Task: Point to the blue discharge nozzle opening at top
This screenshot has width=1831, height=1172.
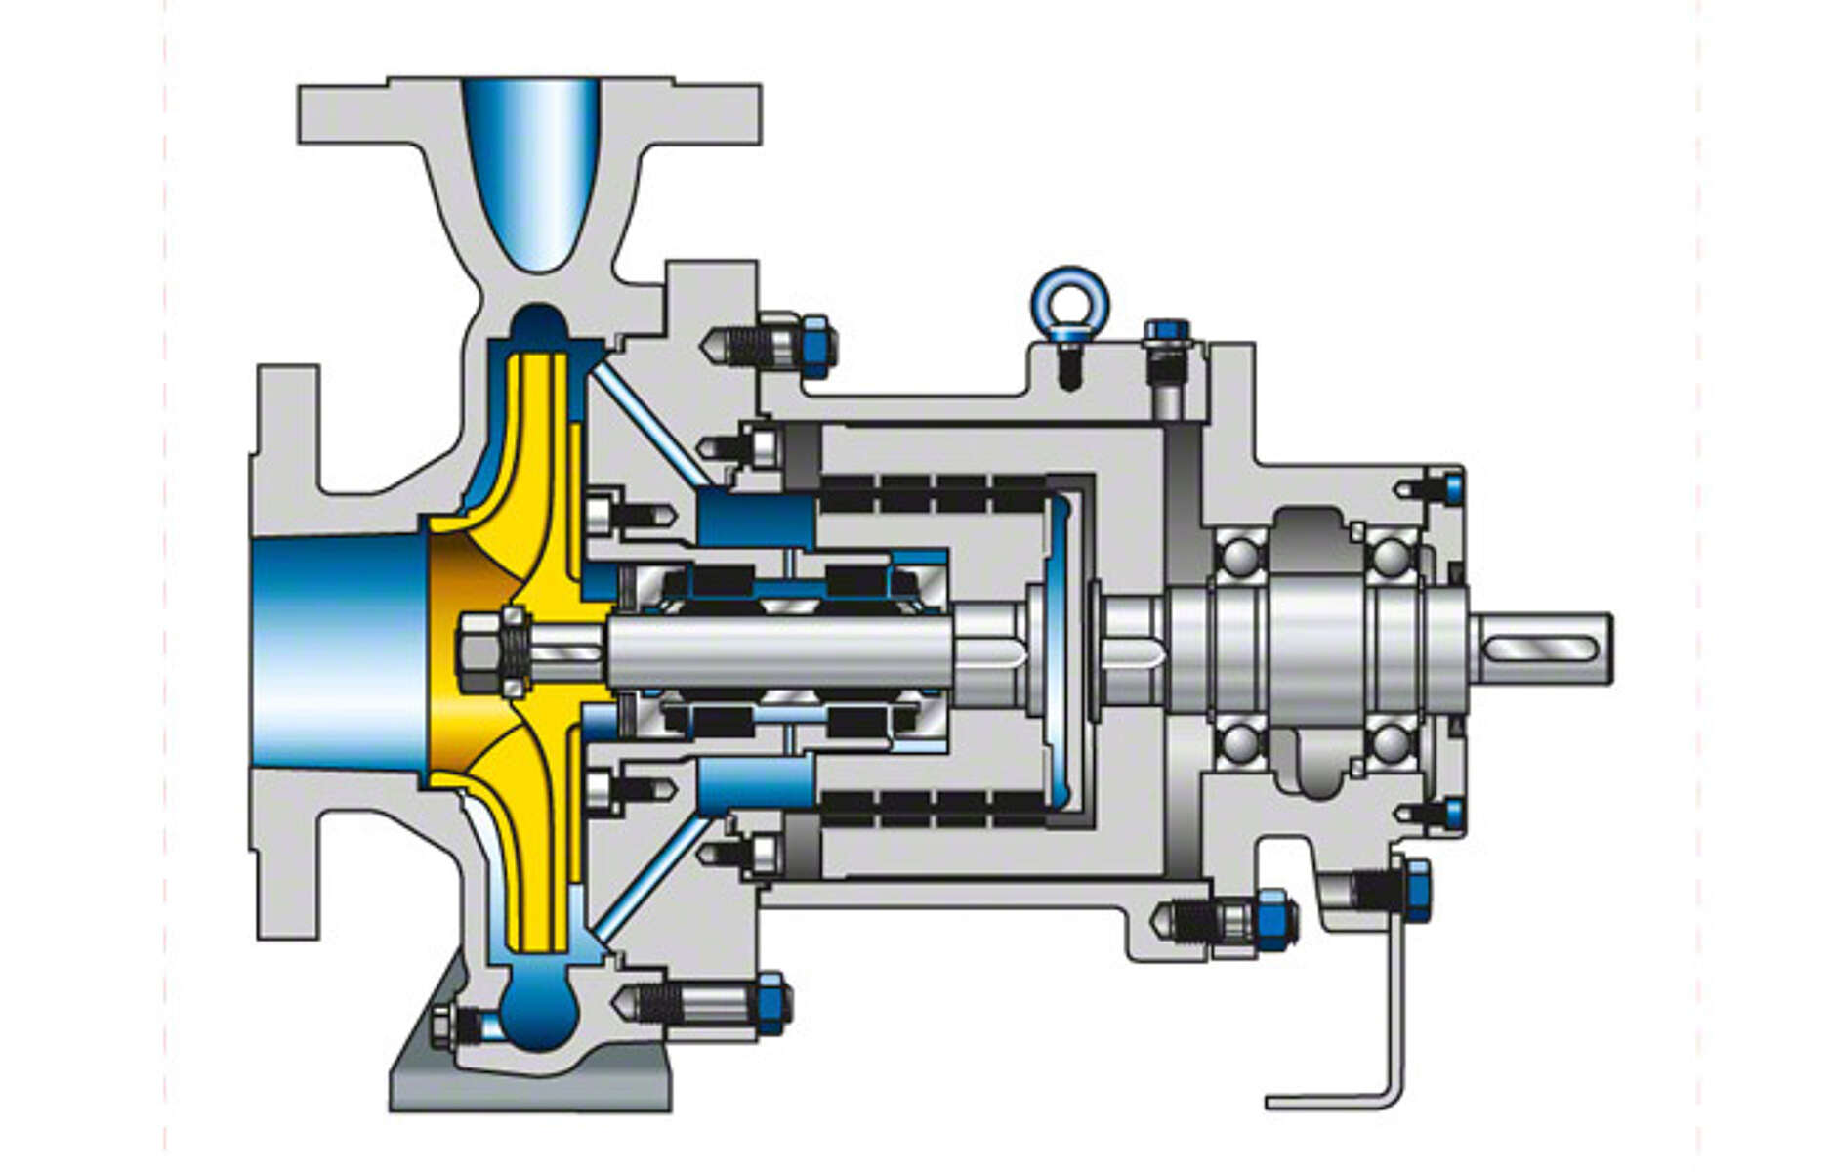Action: tap(531, 166)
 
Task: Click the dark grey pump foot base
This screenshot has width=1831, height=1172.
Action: tap(527, 1084)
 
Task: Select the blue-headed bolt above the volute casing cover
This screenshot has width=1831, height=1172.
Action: tap(814, 346)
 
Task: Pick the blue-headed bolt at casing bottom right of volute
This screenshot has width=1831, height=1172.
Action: tap(771, 1003)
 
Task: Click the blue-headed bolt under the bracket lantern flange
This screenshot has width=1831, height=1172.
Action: tap(1274, 919)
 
